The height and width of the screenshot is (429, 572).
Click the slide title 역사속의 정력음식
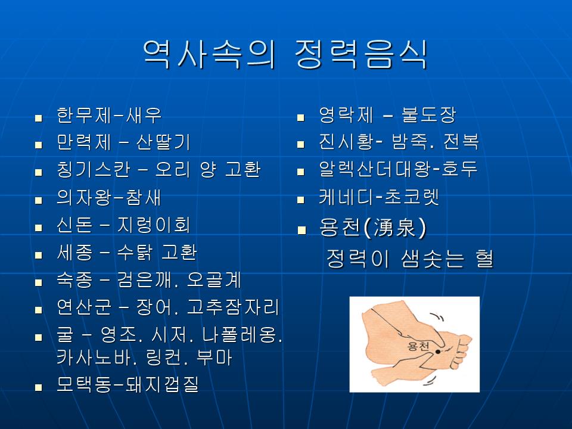(x=285, y=55)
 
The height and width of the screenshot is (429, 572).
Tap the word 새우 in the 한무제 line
(x=144, y=115)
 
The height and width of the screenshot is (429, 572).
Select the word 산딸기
(x=163, y=142)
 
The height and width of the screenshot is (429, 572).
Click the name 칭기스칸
(x=93, y=170)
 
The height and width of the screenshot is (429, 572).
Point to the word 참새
(x=144, y=197)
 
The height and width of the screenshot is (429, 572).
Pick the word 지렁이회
(x=154, y=225)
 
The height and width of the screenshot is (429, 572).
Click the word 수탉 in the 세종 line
(x=135, y=252)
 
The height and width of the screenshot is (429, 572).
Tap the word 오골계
(x=214, y=280)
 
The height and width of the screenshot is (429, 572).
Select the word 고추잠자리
(x=233, y=307)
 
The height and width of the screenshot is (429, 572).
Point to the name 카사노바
(x=94, y=357)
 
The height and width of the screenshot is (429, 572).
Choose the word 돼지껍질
(x=162, y=384)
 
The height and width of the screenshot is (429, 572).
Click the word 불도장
(x=428, y=115)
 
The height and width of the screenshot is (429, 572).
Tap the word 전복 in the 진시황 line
(x=461, y=142)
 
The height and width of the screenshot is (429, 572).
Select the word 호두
(x=459, y=169)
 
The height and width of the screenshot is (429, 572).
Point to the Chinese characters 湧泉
(x=395, y=228)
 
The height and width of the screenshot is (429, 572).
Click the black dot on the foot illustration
(x=438, y=352)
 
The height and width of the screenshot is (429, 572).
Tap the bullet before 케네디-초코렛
(x=300, y=200)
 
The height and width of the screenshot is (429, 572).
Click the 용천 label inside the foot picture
(x=418, y=346)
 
